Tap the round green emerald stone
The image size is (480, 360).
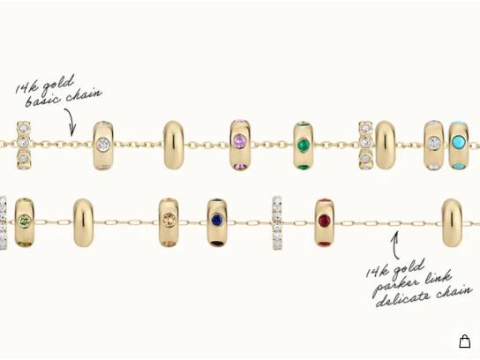tap(304, 143)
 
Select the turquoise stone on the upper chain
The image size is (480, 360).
tap(458, 141)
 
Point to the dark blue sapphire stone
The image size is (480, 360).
tap(217, 220)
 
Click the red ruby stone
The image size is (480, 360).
tap(325, 220)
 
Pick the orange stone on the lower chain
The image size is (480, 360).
tap(169, 219)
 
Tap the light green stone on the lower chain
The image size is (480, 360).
tap(25, 220)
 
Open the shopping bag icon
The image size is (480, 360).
tap(464, 341)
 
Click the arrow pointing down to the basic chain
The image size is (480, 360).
tap(70, 122)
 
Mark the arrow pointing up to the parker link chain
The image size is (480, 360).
tap(395, 245)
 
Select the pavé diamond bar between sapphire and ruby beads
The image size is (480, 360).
tap(277, 223)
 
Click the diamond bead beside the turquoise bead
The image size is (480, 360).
tap(433, 146)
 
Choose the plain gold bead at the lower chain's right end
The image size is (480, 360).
tap(452, 222)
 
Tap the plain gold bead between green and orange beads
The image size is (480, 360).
tap(83, 222)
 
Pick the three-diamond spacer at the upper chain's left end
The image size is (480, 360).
tap(24, 146)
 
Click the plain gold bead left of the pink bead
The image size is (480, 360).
tap(174, 145)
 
